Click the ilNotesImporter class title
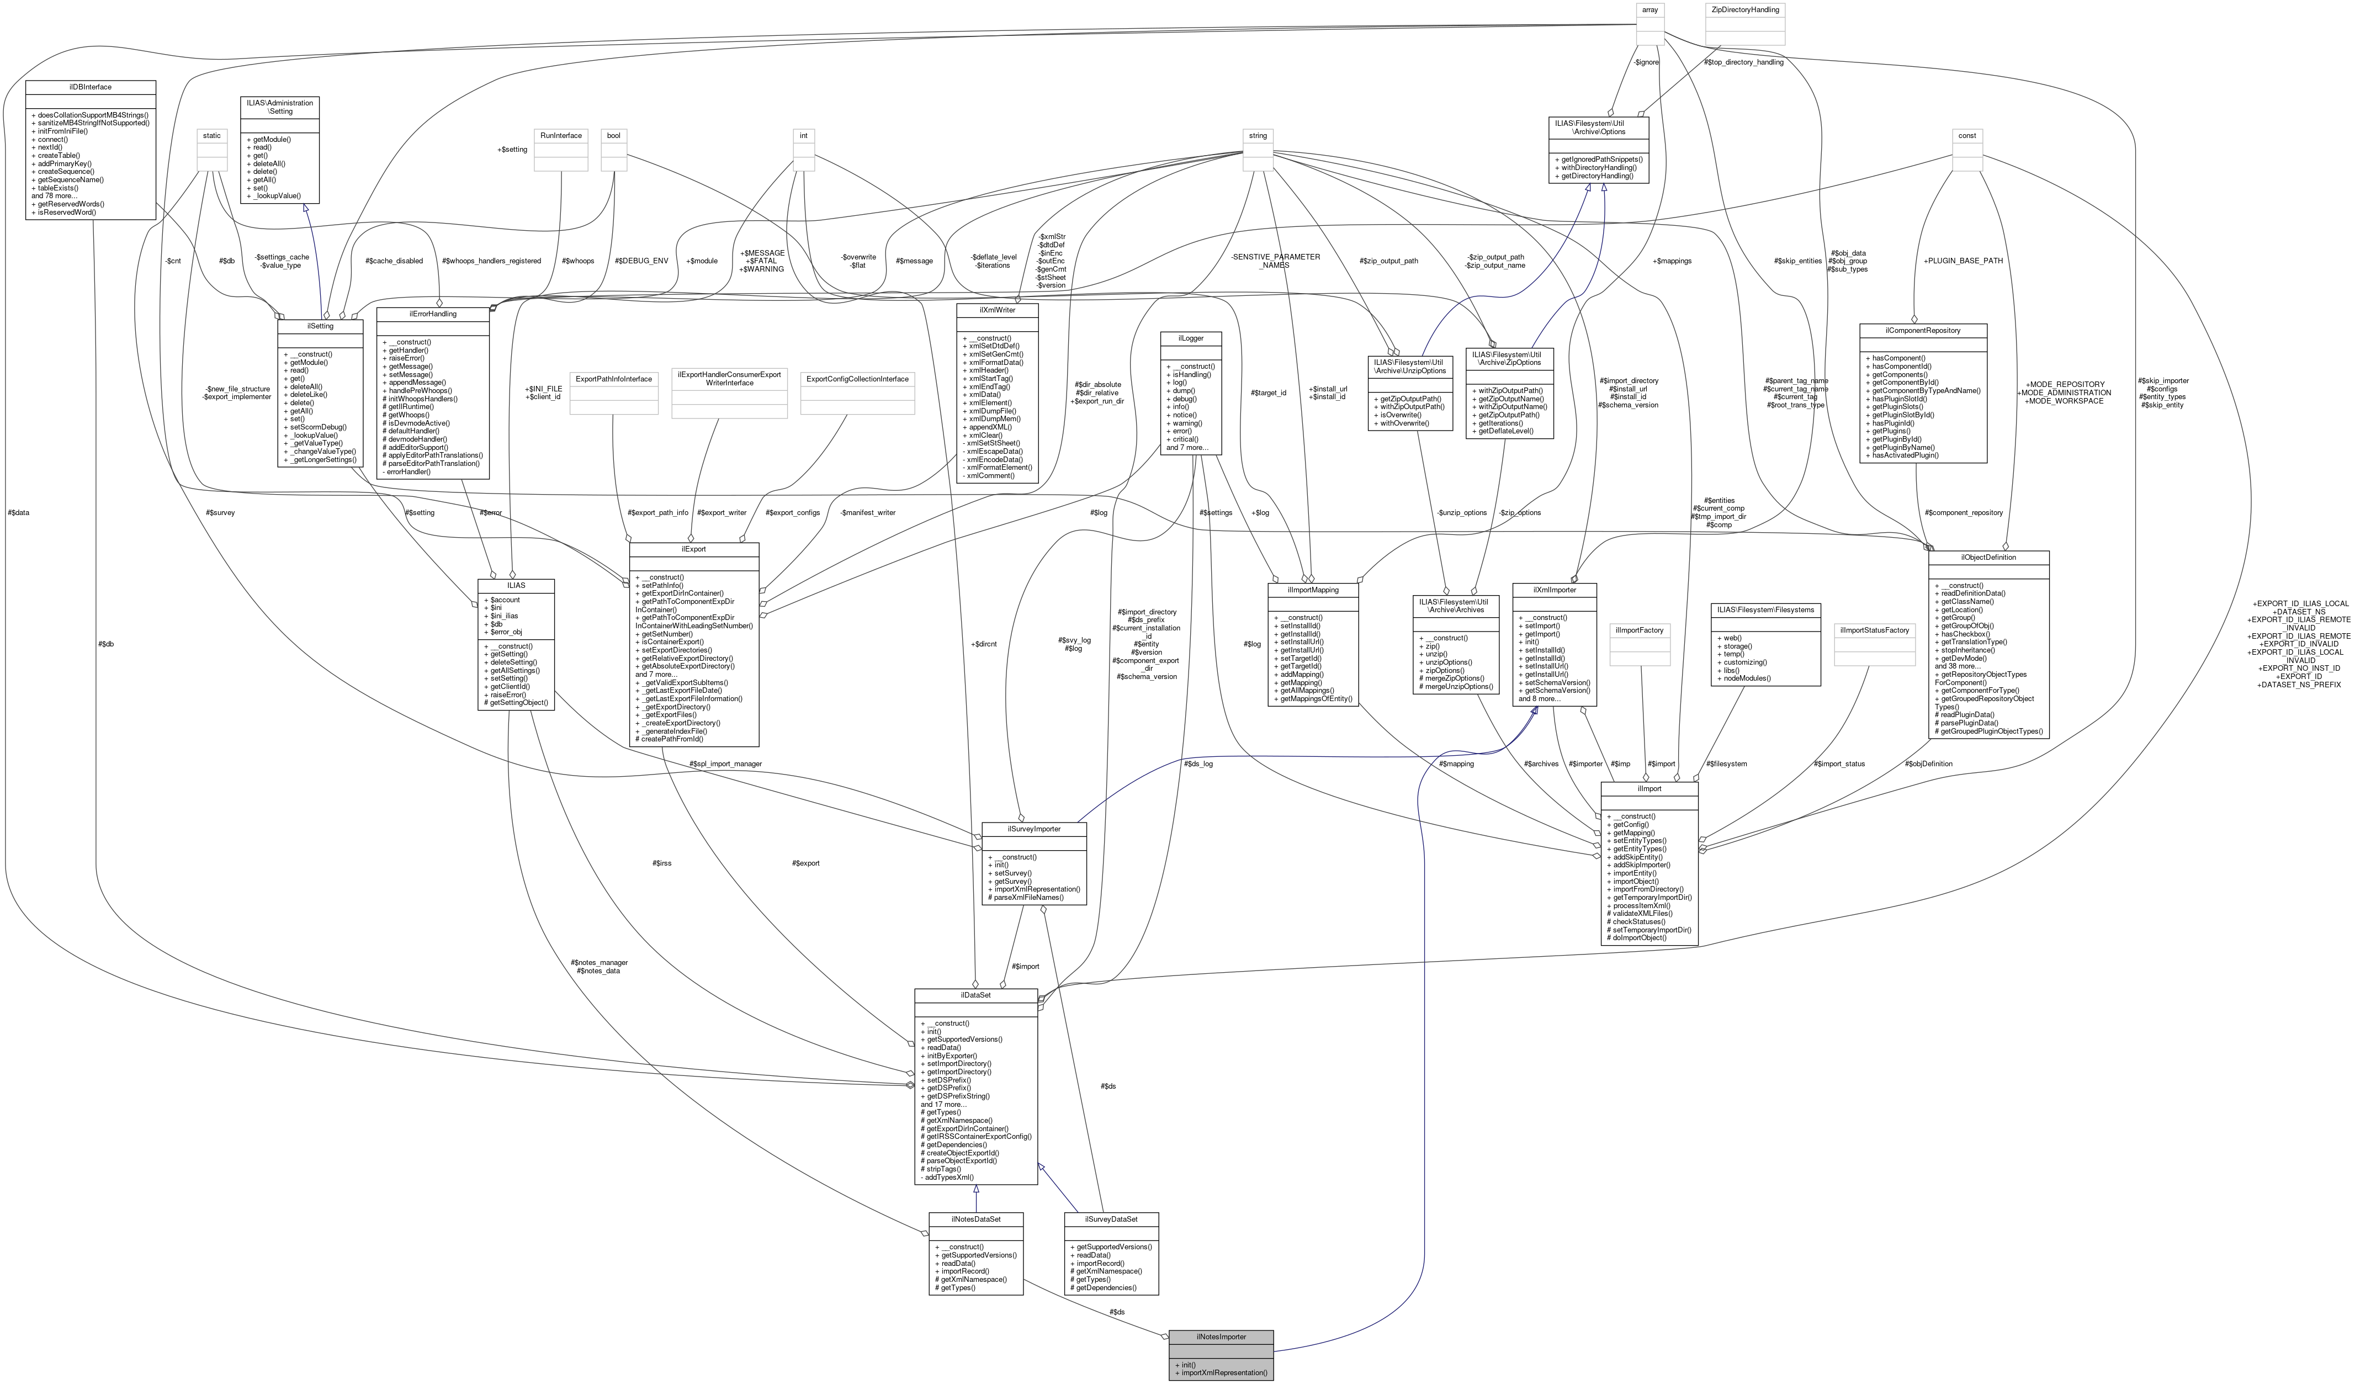1221,1337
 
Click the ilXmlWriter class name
997,309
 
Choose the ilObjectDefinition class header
1988,557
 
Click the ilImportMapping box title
1312,590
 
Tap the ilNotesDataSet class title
975,1219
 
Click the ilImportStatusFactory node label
1874,630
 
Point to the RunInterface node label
561,135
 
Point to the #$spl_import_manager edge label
725,763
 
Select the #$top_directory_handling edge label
1744,62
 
